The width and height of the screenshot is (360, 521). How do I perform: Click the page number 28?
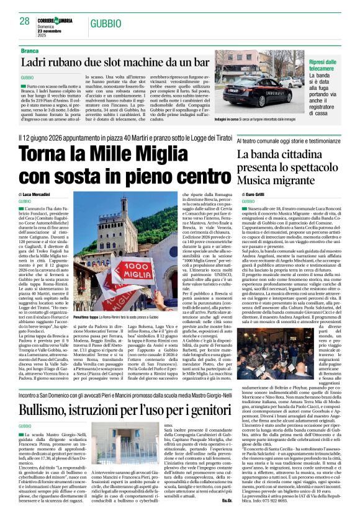point(25,21)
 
